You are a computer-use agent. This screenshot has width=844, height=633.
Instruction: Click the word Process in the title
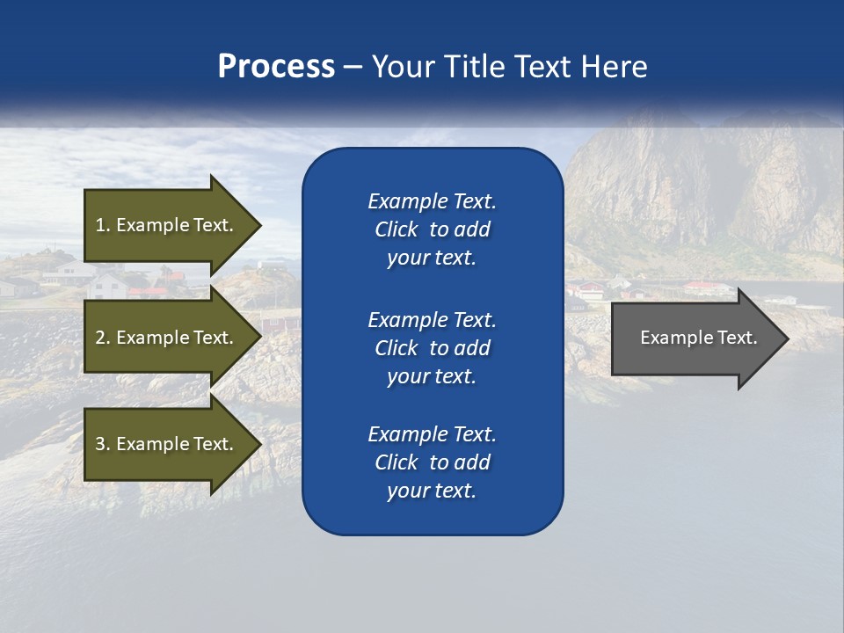(x=276, y=67)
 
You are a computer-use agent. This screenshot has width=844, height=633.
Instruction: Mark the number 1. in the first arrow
(x=102, y=225)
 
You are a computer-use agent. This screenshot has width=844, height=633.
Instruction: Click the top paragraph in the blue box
(x=432, y=229)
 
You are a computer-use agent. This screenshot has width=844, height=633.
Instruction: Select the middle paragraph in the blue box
(x=432, y=348)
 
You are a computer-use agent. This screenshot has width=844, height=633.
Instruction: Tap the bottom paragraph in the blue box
(x=432, y=462)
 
